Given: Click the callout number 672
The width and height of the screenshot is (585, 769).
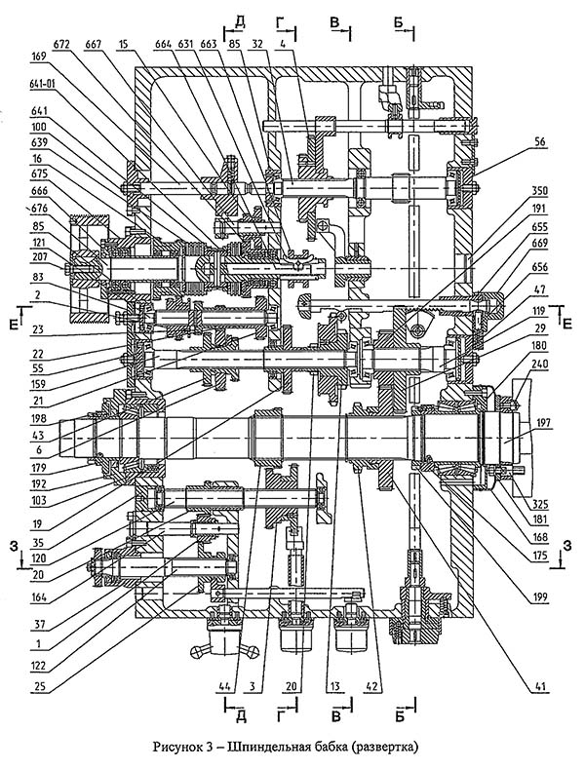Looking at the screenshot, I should [x=61, y=44].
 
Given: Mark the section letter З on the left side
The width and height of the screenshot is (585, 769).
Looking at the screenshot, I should [x=13, y=547].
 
